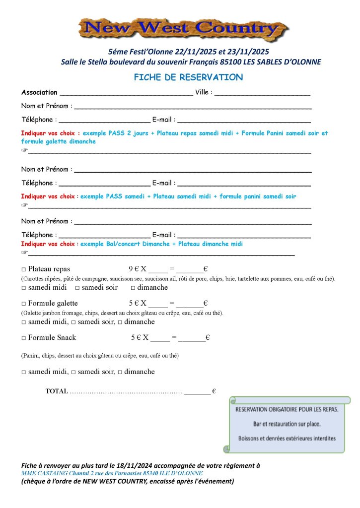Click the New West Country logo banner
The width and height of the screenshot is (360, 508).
(183, 30)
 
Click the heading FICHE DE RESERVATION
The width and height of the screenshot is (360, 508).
(188, 77)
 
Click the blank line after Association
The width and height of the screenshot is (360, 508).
(126, 93)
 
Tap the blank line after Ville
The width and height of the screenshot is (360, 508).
(263, 93)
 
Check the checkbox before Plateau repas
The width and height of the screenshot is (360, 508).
(23, 269)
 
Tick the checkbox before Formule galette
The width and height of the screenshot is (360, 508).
(23, 303)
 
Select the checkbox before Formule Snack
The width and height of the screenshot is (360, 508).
(23, 338)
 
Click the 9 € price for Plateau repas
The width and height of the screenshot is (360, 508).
(133, 269)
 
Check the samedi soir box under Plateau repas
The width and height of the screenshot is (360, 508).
(78, 288)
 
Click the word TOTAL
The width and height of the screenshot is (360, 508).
(57, 391)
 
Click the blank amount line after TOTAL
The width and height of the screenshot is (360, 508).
(197, 392)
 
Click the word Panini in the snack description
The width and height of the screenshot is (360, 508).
(31, 356)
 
